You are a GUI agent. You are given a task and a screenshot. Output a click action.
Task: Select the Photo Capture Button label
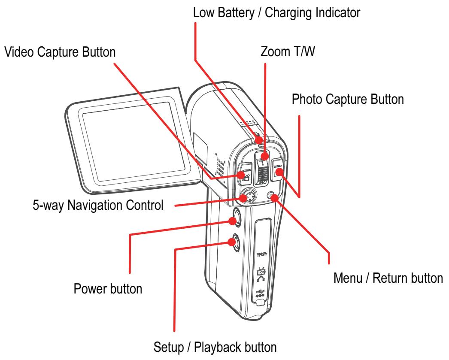pyautogui.click(x=348, y=100)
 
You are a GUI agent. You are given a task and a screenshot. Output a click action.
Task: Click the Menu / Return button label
pyautogui.click(x=388, y=278)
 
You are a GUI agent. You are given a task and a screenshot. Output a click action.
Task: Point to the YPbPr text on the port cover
pyautogui.click(x=263, y=254)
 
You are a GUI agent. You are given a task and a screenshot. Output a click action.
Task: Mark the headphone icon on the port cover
pyautogui.click(x=262, y=280)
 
